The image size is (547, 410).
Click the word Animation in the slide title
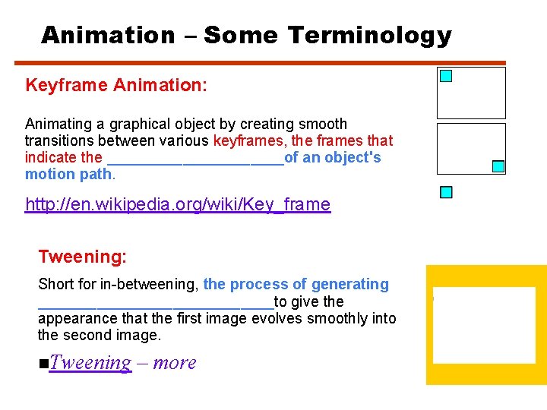(x=108, y=35)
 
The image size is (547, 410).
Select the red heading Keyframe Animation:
(x=115, y=85)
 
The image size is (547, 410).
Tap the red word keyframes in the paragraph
(x=247, y=140)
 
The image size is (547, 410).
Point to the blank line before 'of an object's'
(x=195, y=159)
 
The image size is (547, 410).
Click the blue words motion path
(x=69, y=175)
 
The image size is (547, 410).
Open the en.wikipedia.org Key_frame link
(x=178, y=204)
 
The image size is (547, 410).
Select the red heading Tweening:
(x=82, y=257)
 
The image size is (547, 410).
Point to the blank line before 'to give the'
(x=156, y=302)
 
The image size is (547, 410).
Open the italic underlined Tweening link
(x=90, y=363)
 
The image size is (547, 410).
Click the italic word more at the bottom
(x=175, y=363)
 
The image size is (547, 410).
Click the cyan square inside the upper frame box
(x=446, y=76)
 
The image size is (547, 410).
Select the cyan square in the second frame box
(x=498, y=166)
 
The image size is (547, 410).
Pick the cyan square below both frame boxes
(x=446, y=192)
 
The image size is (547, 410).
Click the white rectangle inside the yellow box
(x=484, y=324)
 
